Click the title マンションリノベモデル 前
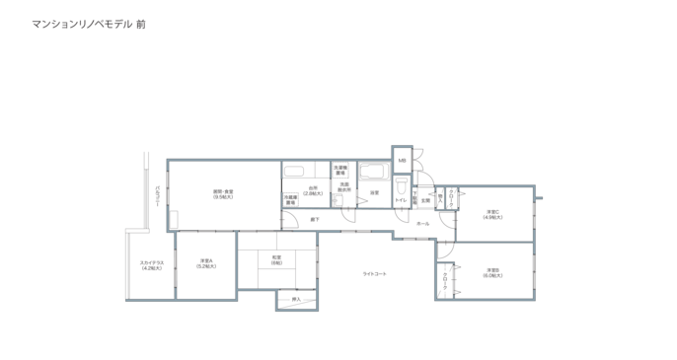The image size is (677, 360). tap(95, 21)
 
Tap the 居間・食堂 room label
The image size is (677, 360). tap(223, 193)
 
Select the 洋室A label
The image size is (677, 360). tap(205, 263)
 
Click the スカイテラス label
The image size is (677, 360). tap(152, 264)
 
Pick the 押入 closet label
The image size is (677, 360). tap(296, 299)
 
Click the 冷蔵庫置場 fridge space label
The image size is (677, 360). tap(291, 199)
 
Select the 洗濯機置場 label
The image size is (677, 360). tap(340, 171)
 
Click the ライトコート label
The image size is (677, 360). tap(374, 273)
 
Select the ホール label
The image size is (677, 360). tap(422, 224)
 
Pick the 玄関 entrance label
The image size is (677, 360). tap(426, 200)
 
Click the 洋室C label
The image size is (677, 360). tap(492, 214)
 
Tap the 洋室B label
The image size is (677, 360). tap(492, 273)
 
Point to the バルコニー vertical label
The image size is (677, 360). tap(157, 196)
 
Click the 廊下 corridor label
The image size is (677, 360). tap(314, 219)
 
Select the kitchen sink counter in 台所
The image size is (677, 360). tap(295, 172)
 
